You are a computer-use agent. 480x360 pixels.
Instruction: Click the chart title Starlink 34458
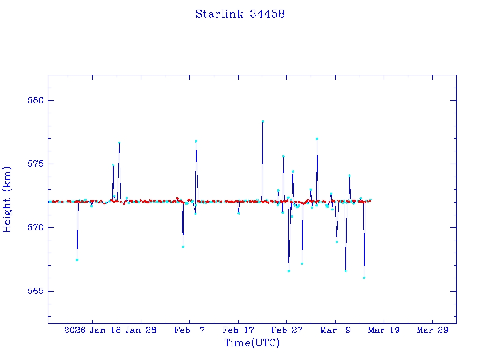[240, 15]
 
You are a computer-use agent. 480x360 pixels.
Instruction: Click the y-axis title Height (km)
[7, 199]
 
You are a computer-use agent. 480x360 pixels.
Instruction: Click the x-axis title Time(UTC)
[252, 343]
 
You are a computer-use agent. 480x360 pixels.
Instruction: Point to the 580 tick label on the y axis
[35, 101]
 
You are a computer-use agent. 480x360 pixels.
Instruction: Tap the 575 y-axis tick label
[35, 164]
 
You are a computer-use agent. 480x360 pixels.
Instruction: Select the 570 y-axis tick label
[35, 228]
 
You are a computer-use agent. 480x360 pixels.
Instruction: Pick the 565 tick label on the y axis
[35, 291]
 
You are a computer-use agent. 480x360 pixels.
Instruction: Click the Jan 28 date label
[141, 330]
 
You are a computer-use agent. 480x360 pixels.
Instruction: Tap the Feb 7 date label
[189, 330]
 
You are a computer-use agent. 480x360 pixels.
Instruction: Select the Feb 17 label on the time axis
[238, 330]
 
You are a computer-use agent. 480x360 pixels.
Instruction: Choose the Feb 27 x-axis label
[286, 330]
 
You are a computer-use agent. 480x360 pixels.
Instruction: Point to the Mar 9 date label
[335, 330]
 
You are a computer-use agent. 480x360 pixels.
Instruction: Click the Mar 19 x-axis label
[384, 330]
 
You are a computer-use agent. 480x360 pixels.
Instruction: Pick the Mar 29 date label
[432, 330]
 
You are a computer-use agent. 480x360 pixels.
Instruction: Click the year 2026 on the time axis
[75, 330]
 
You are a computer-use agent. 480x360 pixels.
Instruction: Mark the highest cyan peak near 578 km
[263, 121]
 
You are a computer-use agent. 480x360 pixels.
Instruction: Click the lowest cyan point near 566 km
[364, 277]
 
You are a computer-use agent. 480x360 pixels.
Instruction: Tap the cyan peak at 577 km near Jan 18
[119, 142]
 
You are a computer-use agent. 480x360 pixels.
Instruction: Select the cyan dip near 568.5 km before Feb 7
[183, 246]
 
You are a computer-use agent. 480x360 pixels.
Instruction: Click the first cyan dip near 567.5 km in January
[77, 259]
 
